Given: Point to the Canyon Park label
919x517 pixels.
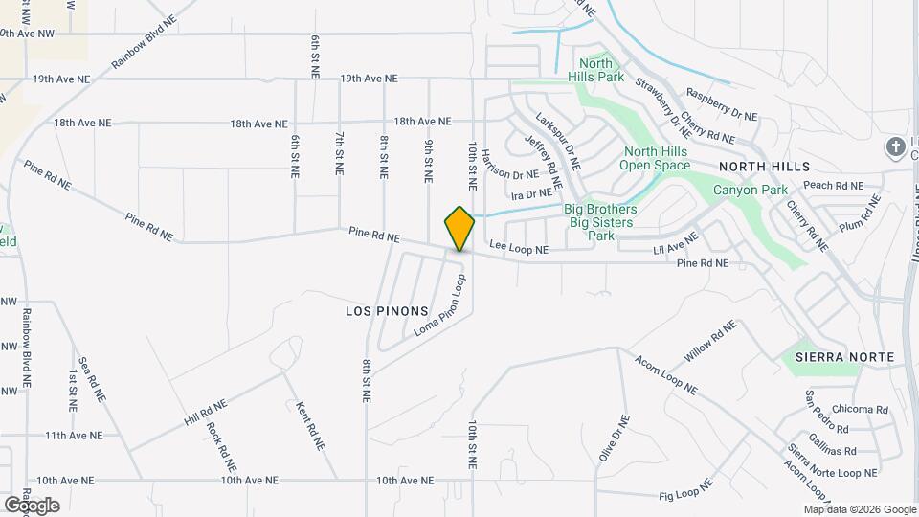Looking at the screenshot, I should tap(750, 190).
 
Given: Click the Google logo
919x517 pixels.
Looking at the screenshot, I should tap(33, 505).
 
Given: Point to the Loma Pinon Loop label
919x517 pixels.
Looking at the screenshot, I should tap(440, 305).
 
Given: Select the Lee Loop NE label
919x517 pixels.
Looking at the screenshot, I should tap(519, 249).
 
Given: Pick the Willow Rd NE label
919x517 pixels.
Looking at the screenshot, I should tap(709, 341).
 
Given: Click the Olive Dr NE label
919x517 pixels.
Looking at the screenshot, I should tap(614, 438).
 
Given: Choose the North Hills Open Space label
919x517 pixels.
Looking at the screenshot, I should tap(657, 158).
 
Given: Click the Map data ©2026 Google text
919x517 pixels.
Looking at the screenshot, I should tap(859, 509).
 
